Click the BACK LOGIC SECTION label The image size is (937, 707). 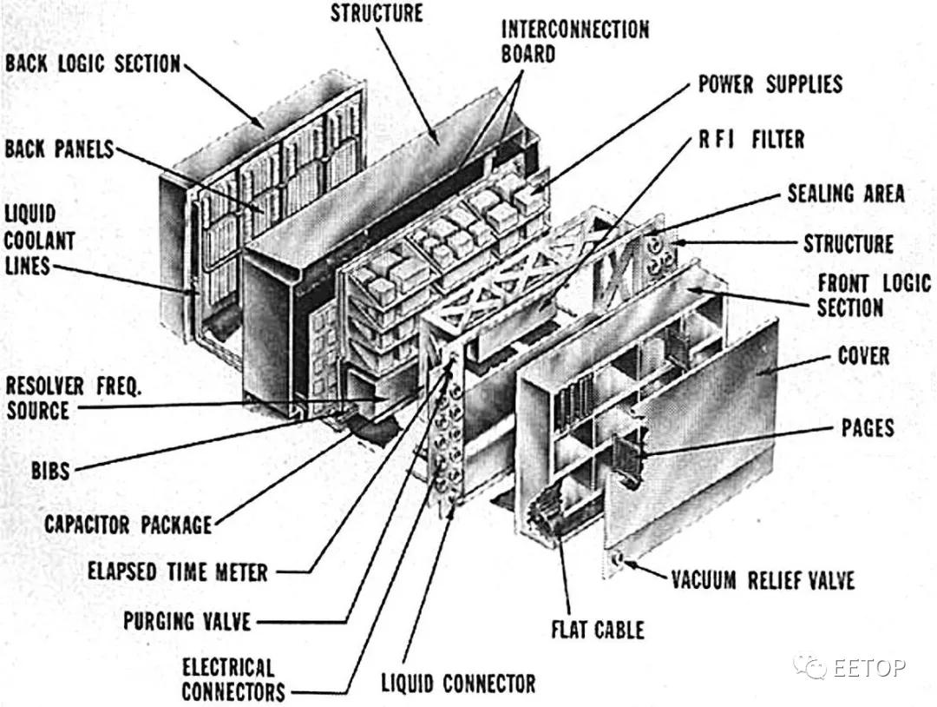pyautogui.click(x=93, y=64)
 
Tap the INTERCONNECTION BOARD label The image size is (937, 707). pyautogui.click(x=574, y=41)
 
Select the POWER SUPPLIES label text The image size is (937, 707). pyautogui.click(x=770, y=84)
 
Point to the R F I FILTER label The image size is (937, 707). pyautogui.click(x=751, y=139)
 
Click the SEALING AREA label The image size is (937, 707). pyautogui.click(x=845, y=193)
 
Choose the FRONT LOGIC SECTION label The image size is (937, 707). pyautogui.click(x=873, y=295)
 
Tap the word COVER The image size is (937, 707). pyautogui.click(x=863, y=356)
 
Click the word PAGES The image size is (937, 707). pyautogui.click(x=868, y=427)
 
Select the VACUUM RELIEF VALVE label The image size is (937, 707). pyautogui.click(x=763, y=579)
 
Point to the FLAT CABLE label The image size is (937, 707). pyautogui.click(x=598, y=629)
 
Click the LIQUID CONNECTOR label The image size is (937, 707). pyautogui.click(x=458, y=683)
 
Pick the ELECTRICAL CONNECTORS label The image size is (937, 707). pyautogui.click(x=233, y=680)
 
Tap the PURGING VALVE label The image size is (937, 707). pyautogui.click(x=187, y=621)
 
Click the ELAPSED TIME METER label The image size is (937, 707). pyautogui.click(x=178, y=572)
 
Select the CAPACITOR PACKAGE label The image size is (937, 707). pyautogui.click(x=128, y=525)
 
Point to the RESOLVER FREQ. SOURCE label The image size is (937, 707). pyautogui.click(x=73, y=398)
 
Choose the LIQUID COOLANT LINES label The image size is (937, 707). pyautogui.click(x=39, y=240)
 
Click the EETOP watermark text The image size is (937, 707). pyautogui.click(x=869, y=667)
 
